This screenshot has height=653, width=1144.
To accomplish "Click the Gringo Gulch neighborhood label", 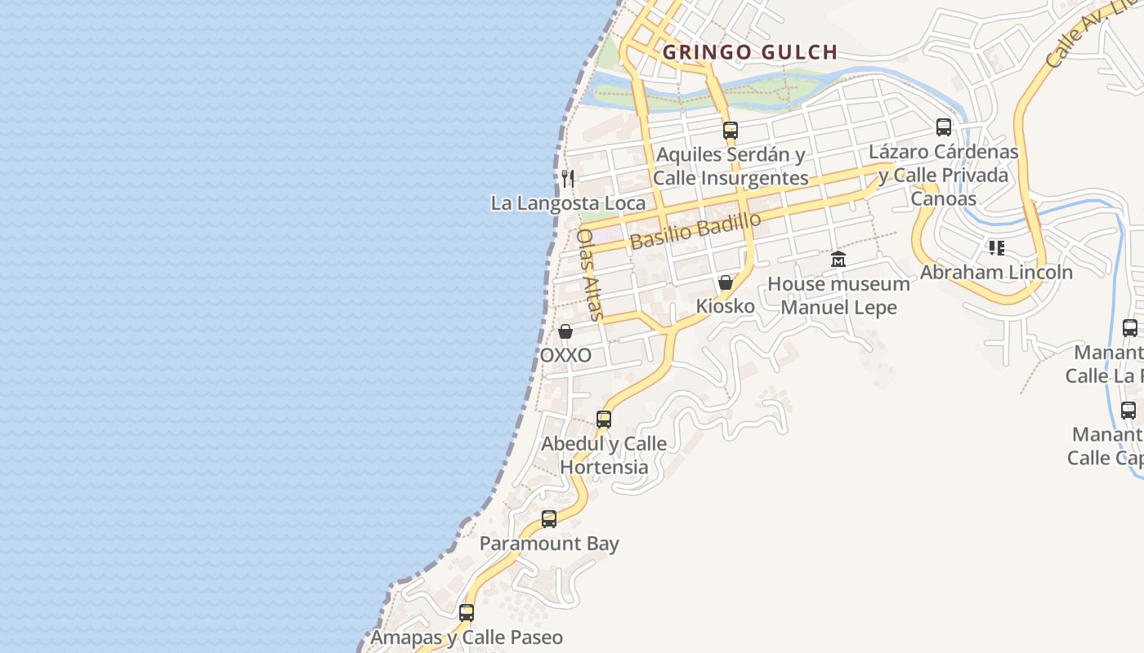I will pyautogui.click(x=749, y=52).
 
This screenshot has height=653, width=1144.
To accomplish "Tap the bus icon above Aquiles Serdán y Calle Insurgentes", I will pyautogui.click(x=731, y=130).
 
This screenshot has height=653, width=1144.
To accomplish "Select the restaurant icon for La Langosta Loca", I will pyautogui.click(x=568, y=178).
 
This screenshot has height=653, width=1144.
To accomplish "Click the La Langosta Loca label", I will pyautogui.click(x=568, y=202).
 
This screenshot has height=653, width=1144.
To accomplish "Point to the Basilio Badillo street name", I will pyautogui.click(x=695, y=231).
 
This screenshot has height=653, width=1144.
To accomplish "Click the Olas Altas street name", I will pyautogui.click(x=590, y=273).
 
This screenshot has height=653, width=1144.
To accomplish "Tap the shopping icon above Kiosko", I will pyautogui.click(x=725, y=282).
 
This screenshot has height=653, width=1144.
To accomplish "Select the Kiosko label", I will pyautogui.click(x=725, y=306).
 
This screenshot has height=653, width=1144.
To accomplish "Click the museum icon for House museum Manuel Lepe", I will pyautogui.click(x=838, y=260).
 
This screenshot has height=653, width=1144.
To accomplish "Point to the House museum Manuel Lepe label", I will pyautogui.click(x=838, y=295).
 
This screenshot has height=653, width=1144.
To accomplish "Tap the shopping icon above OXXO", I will pyautogui.click(x=565, y=331).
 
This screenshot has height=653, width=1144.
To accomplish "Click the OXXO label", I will pyautogui.click(x=565, y=356).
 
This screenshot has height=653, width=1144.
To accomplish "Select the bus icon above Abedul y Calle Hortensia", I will pyautogui.click(x=604, y=420).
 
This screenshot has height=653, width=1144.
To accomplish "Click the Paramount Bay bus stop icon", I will pyautogui.click(x=549, y=519).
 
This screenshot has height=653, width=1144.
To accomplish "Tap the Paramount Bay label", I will pyautogui.click(x=549, y=544).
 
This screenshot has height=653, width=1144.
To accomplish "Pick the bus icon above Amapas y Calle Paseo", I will pyautogui.click(x=467, y=612).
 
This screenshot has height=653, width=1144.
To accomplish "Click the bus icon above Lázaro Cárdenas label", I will pyautogui.click(x=944, y=127).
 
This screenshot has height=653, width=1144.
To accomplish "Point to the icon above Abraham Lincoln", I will pyautogui.click(x=996, y=247).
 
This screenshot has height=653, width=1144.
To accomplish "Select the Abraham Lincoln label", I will pyautogui.click(x=996, y=272).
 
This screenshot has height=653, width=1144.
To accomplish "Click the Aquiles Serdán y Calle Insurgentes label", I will pyautogui.click(x=731, y=166).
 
